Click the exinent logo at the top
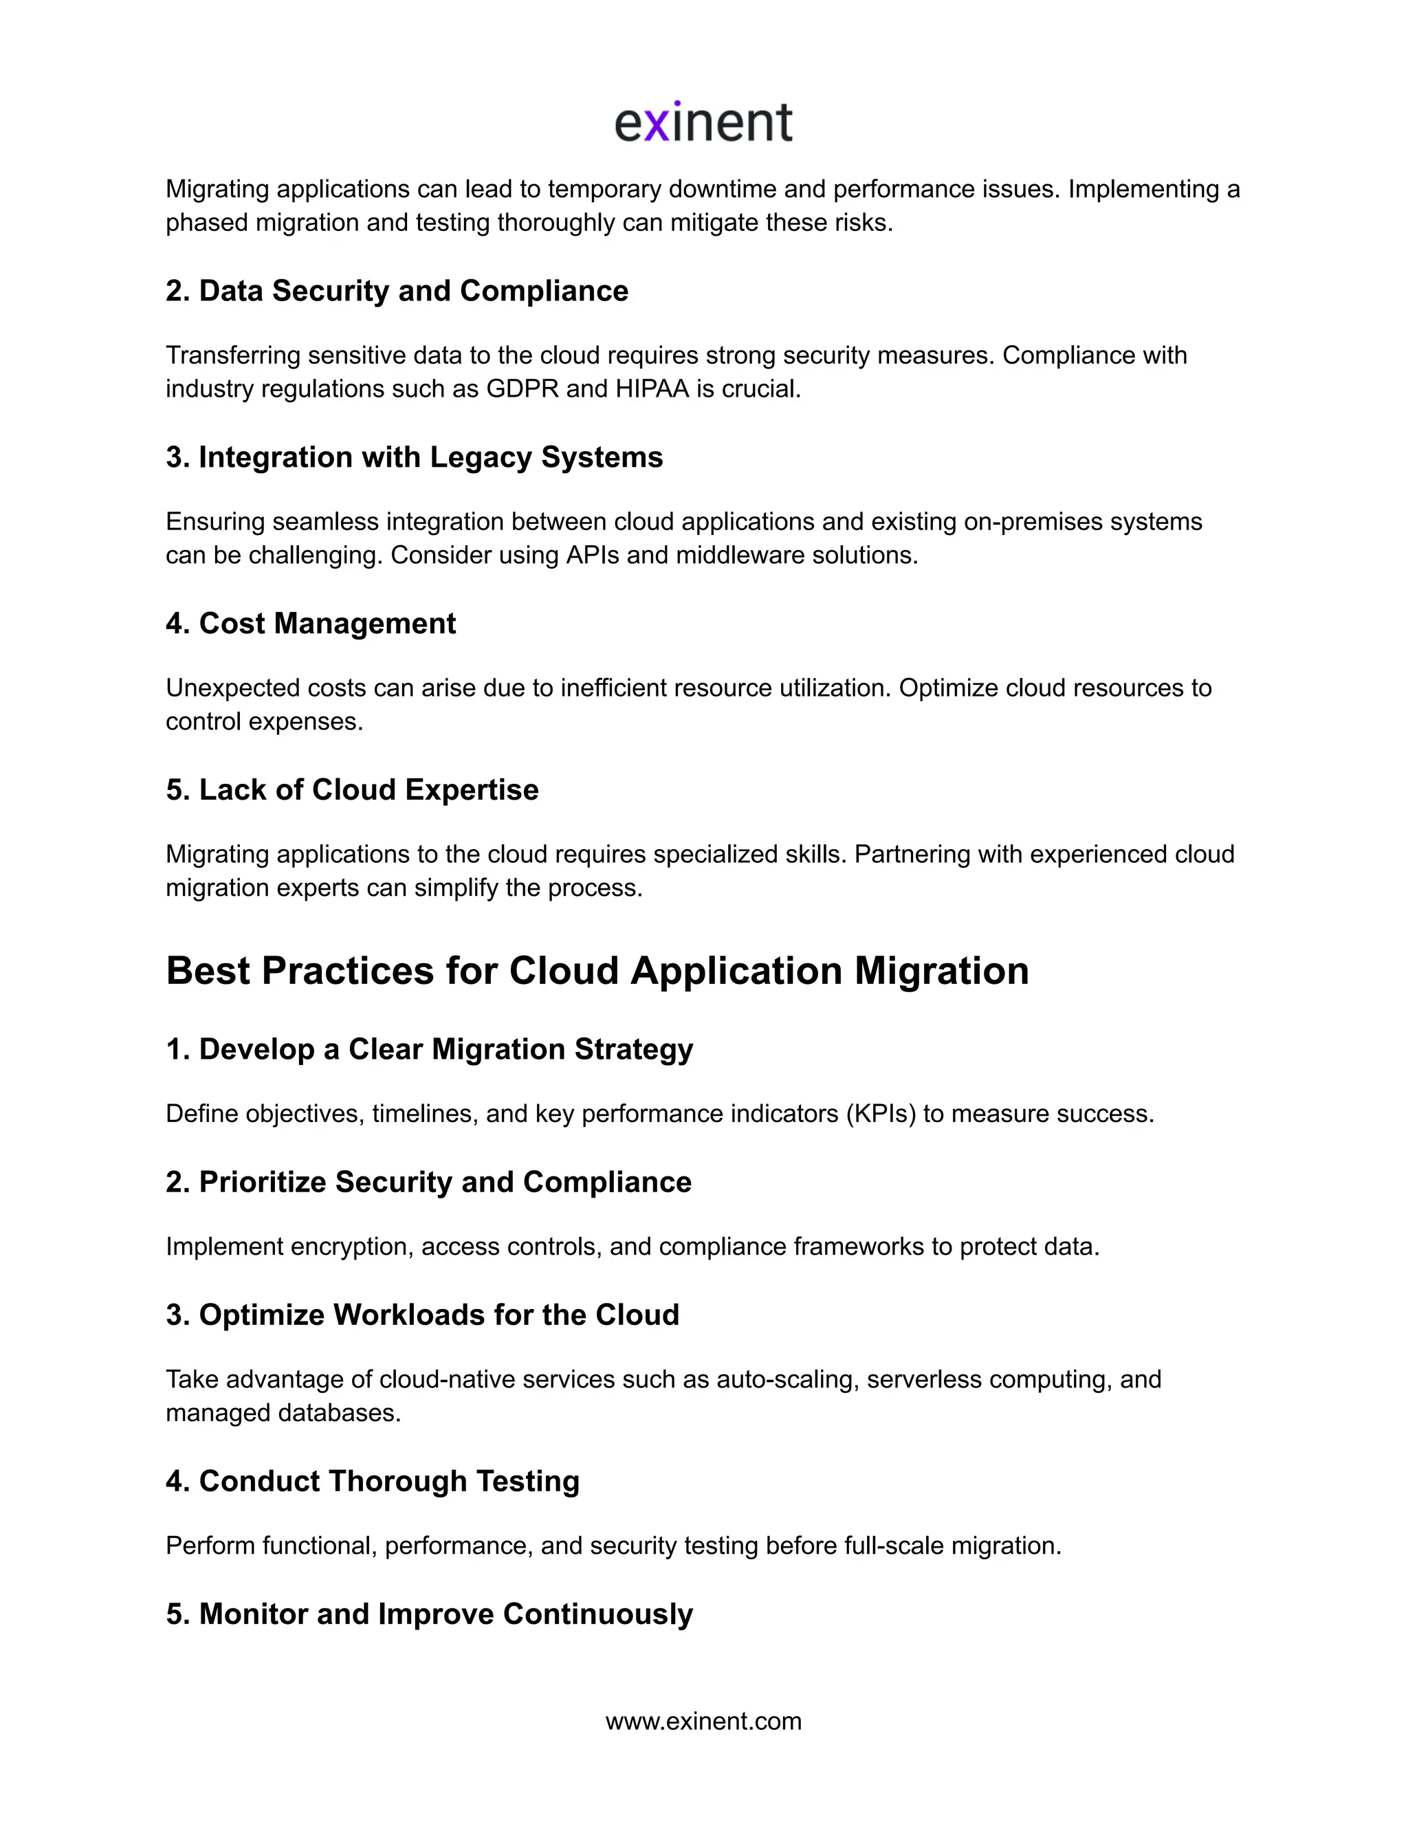click(x=703, y=122)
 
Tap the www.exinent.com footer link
click(x=703, y=1721)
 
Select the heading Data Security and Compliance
click(x=397, y=290)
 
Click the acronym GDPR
click(x=522, y=388)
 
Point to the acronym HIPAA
click(x=652, y=388)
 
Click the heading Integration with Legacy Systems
click(x=415, y=457)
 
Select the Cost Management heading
click(x=311, y=623)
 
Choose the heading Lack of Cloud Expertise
click(x=352, y=789)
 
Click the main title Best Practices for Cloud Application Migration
click(x=597, y=970)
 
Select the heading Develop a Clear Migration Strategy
click(x=430, y=1049)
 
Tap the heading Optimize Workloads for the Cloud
click(x=423, y=1315)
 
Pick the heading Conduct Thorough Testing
click(x=373, y=1481)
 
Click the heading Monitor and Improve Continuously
click(x=430, y=1614)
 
